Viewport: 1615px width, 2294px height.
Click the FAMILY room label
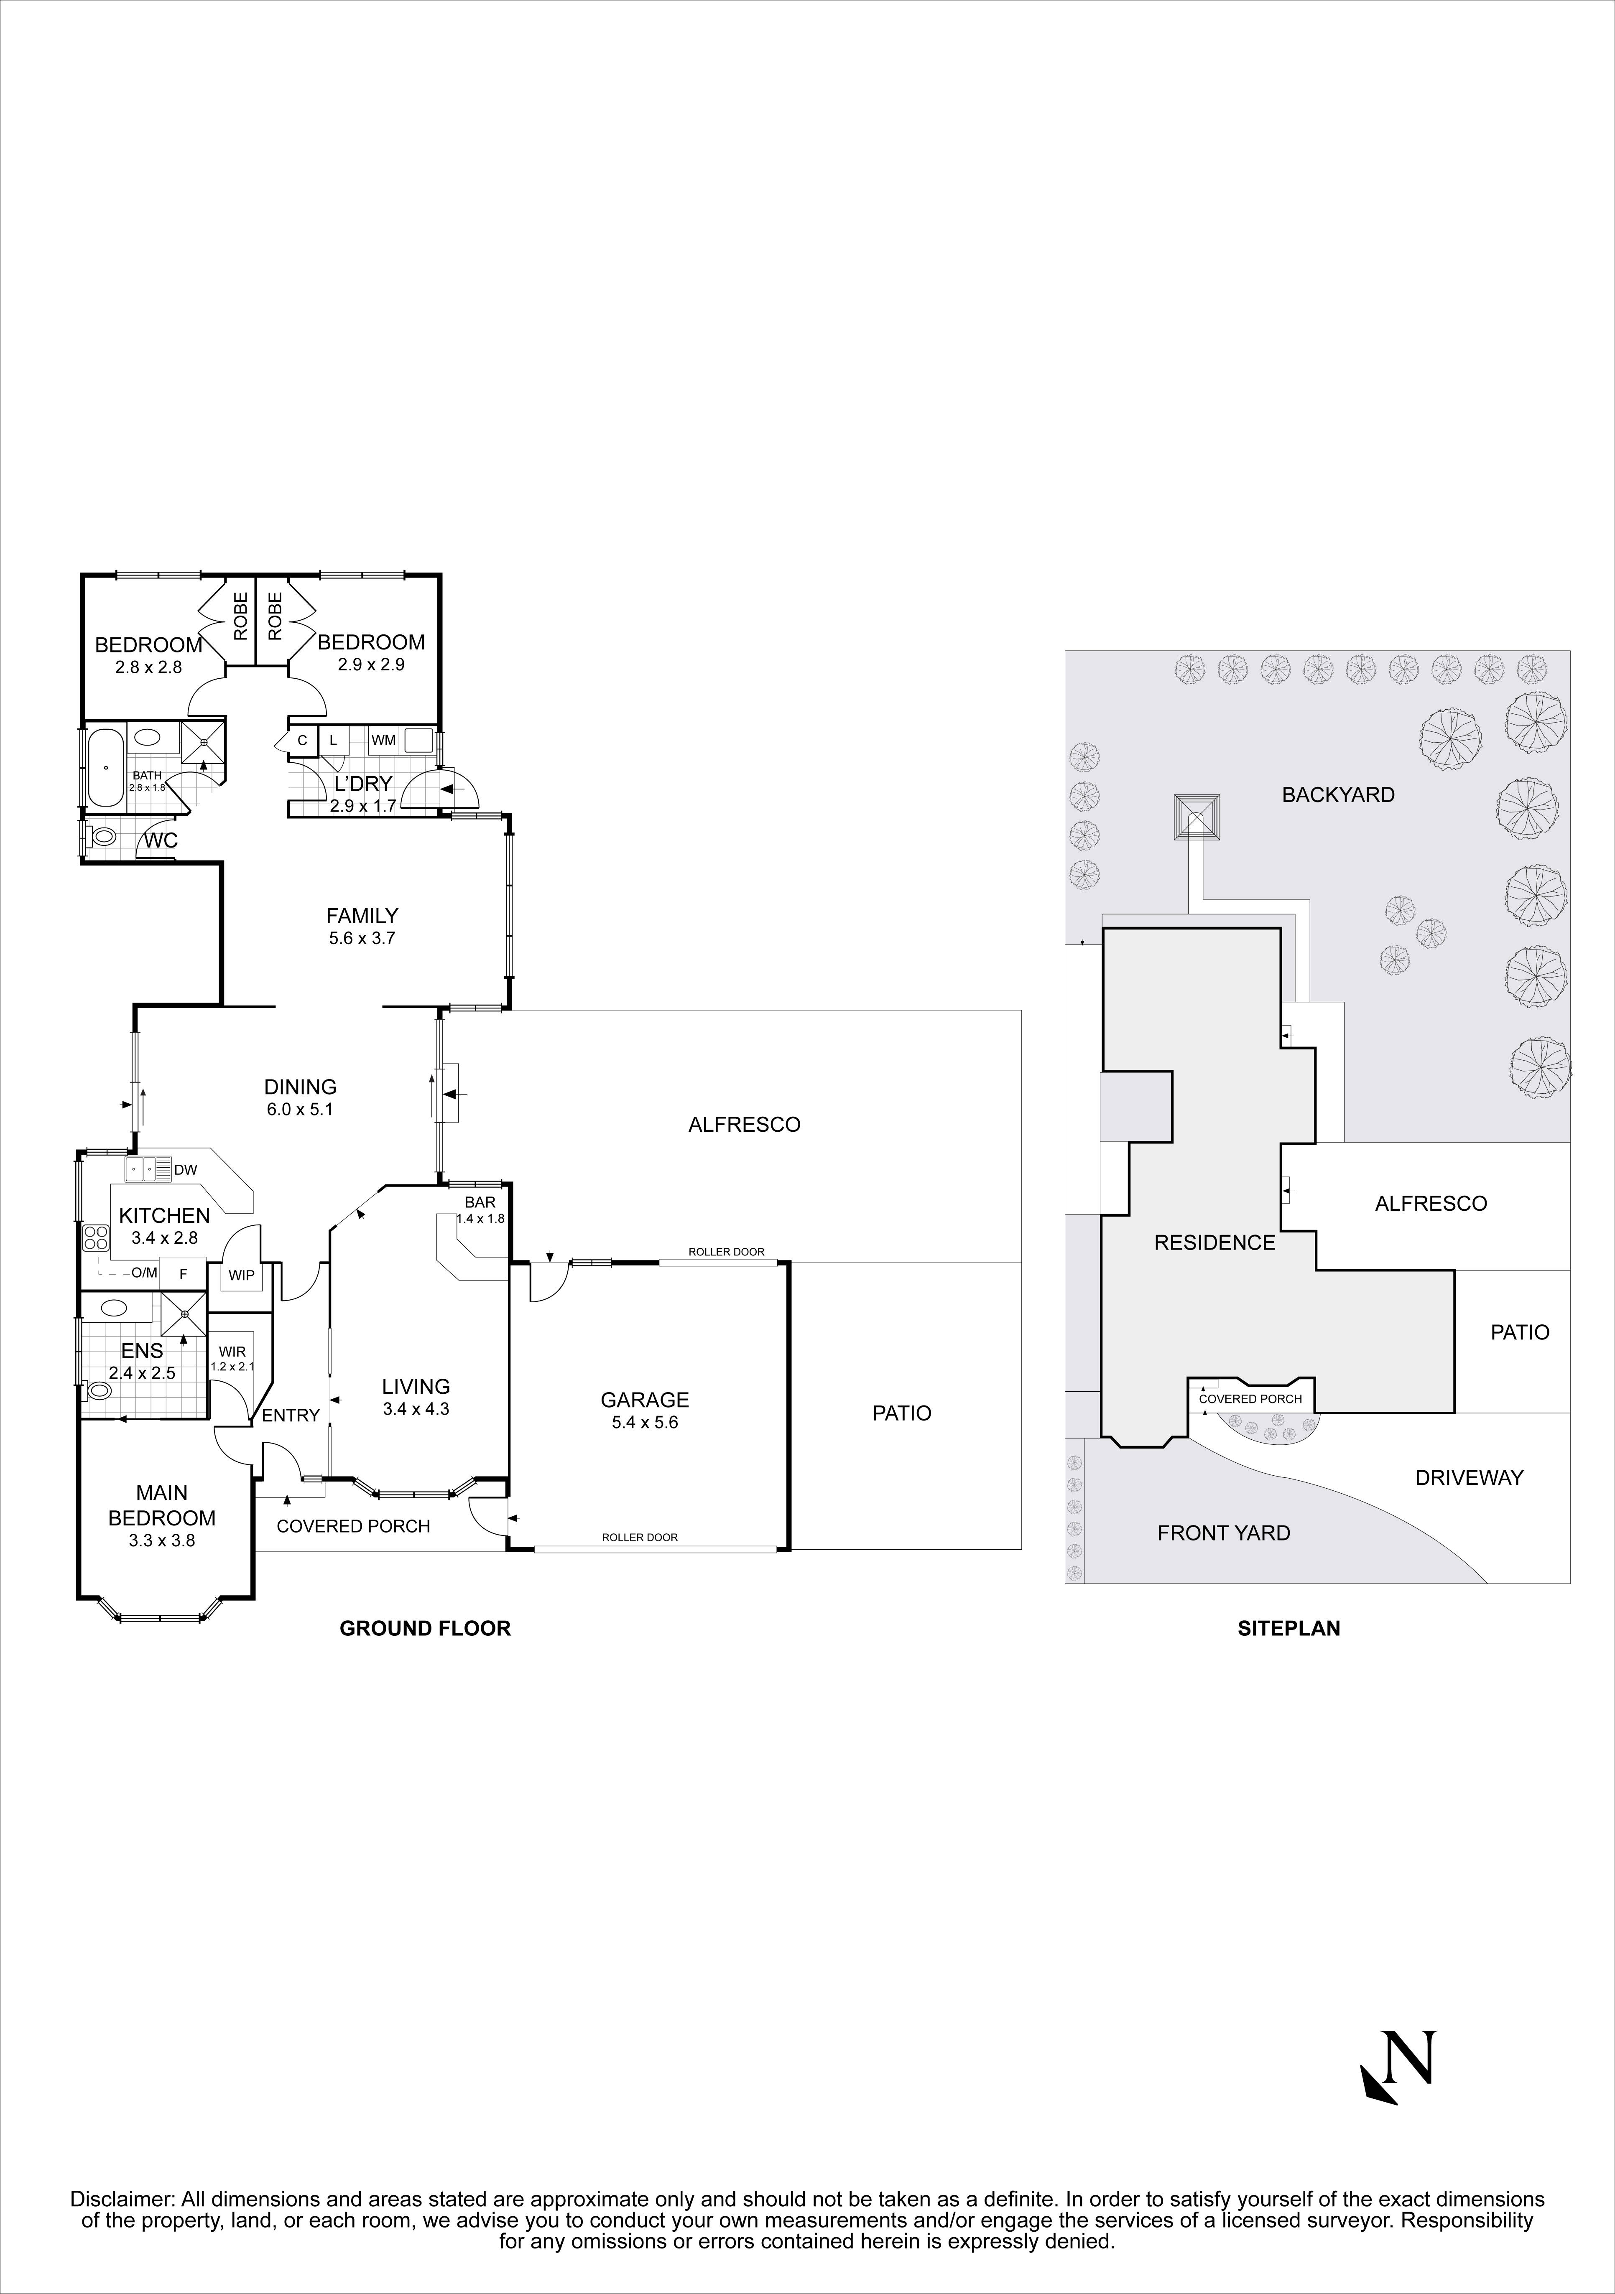click(x=362, y=915)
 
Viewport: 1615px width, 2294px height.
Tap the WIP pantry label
click(x=241, y=1275)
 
